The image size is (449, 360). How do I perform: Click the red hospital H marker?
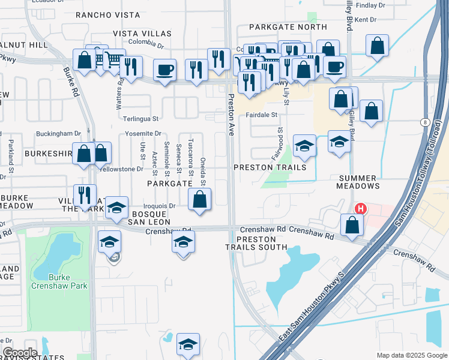point(360,209)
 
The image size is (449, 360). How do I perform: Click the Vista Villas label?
point(142,34)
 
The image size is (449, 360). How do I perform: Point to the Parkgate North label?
point(279,28)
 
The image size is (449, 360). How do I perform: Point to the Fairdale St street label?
point(261,114)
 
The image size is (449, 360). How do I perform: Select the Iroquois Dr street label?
point(158,205)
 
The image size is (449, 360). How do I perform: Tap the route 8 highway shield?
point(425,122)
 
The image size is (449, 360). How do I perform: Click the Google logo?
point(20,352)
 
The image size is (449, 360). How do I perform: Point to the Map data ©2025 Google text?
point(411,355)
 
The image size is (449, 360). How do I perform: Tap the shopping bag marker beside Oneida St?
point(199,199)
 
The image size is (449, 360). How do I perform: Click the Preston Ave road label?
point(230,115)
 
